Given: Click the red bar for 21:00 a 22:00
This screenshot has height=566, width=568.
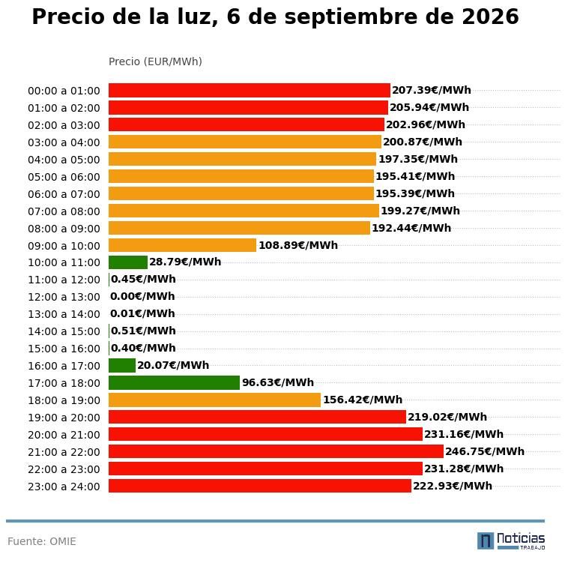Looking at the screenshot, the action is (x=276, y=451).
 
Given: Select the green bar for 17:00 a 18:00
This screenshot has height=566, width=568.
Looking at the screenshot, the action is (x=175, y=382).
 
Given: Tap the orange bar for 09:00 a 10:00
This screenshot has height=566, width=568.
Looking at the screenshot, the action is (x=183, y=245).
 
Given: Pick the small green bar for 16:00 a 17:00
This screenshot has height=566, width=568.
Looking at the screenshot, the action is (x=122, y=366).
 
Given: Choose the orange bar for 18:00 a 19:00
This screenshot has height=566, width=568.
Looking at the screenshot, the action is (x=215, y=400).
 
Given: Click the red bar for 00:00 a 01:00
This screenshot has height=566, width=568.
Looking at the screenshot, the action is (x=250, y=90).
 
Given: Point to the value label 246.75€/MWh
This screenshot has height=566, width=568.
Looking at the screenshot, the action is (x=485, y=451).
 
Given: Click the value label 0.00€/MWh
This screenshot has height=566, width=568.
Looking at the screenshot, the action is (x=142, y=296).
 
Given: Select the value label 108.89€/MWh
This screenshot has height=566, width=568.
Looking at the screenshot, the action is (x=298, y=245).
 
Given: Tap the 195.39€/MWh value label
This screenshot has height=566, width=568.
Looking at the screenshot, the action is (x=415, y=193).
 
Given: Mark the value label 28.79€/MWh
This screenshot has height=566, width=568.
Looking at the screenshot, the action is (x=185, y=262).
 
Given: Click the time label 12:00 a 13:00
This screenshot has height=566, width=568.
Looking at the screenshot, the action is (x=64, y=297).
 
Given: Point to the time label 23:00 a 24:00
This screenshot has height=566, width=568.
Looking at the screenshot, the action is (x=64, y=487).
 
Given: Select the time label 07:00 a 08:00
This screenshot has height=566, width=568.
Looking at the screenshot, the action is (x=64, y=211).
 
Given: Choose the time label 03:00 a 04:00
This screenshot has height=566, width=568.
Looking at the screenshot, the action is (x=64, y=142).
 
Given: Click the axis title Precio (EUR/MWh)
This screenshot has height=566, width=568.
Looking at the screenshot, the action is (x=155, y=61).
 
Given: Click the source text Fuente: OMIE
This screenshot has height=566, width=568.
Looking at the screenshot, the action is (x=42, y=541).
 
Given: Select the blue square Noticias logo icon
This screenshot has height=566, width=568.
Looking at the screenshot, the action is (x=486, y=541).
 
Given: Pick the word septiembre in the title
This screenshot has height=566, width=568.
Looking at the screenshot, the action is (x=365, y=17).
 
